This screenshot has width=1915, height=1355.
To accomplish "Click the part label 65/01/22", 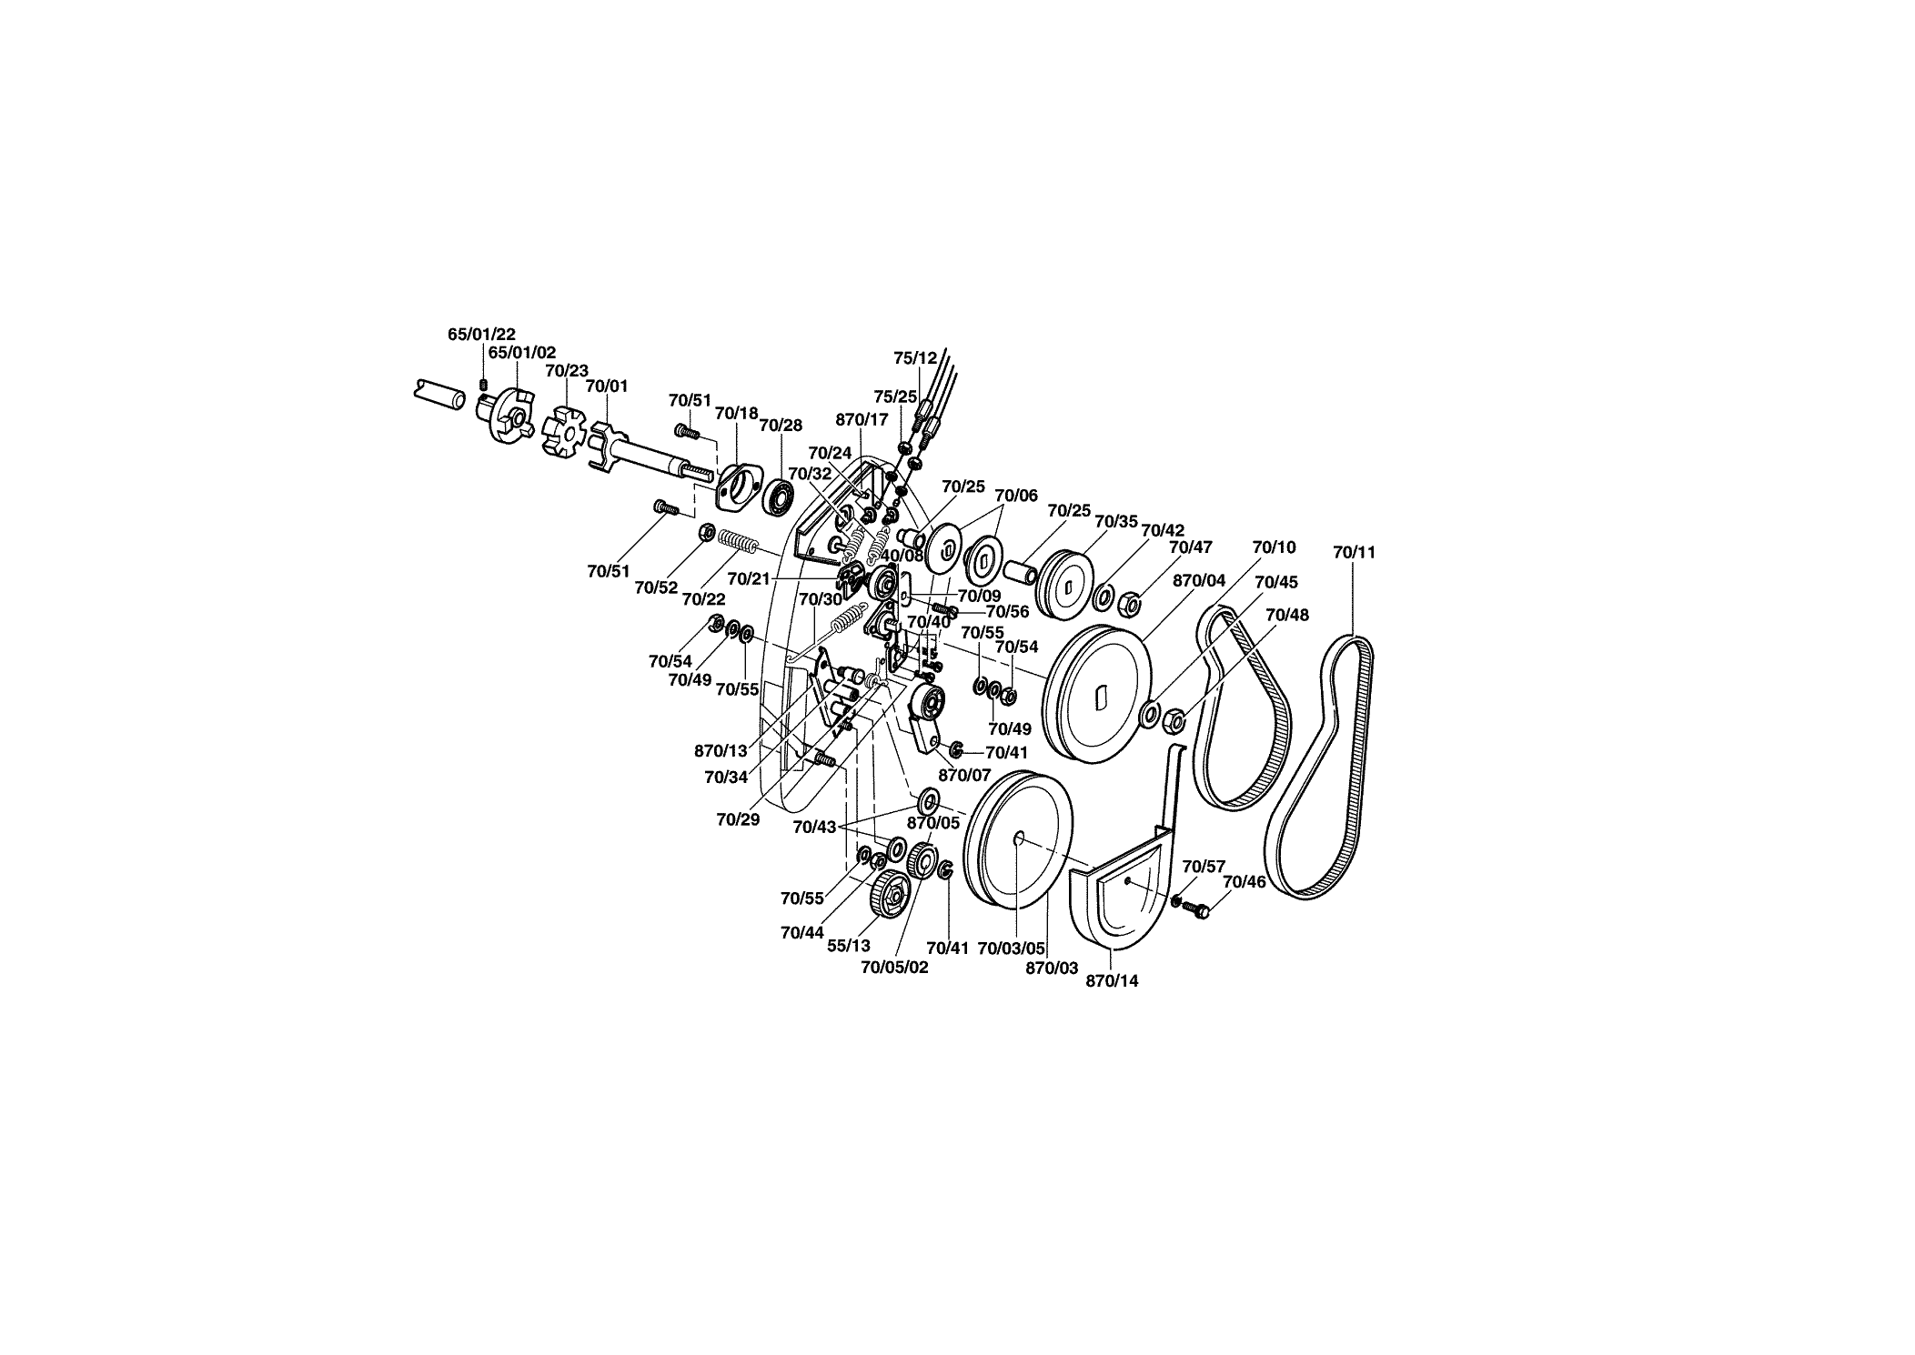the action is click(x=481, y=335).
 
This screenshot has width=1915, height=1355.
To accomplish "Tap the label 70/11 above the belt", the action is click(x=1354, y=552).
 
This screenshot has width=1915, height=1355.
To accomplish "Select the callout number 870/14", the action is click(x=1113, y=981).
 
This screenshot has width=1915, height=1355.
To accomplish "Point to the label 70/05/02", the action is click(x=894, y=968).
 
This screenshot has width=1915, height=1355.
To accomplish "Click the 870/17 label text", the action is click(x=862, y=420).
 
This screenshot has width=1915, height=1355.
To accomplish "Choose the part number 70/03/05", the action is click(x=1011, y=948).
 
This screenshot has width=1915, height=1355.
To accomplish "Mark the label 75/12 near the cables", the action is click(x=914, y=358).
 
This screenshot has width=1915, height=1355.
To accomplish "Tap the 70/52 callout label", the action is click(x=657, y=587).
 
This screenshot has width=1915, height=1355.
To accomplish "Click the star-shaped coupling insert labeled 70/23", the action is click(x=565, y=433).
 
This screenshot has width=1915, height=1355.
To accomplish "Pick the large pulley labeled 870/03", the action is click(x=1018, y=838).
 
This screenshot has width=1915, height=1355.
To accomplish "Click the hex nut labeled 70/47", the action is click(x=1128, y=602).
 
